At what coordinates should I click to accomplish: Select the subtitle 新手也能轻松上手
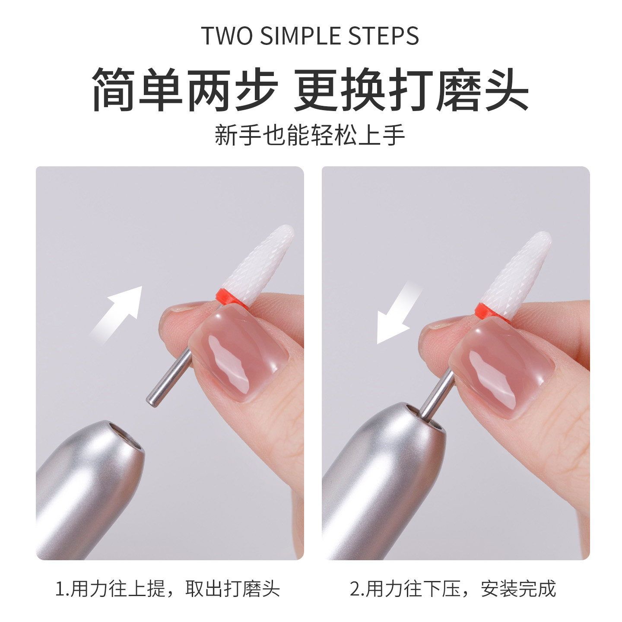(310, 135)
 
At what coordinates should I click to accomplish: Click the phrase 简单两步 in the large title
(185, 90)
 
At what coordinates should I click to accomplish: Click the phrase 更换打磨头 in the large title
(411, 90)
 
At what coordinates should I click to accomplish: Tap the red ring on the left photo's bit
(231, 298)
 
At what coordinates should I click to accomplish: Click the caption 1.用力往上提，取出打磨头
(168, 589)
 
